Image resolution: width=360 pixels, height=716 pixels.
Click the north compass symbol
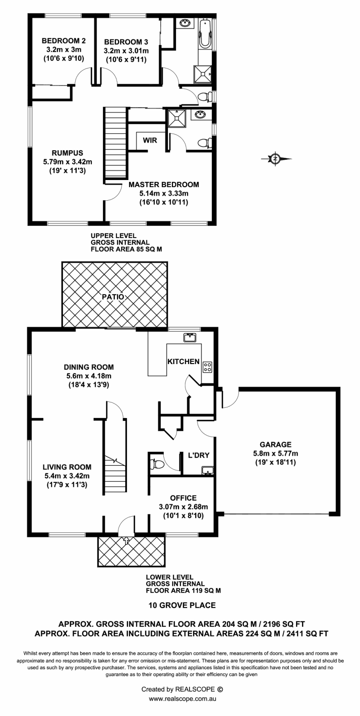pos(275,158)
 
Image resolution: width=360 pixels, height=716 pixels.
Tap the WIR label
pos(150,140)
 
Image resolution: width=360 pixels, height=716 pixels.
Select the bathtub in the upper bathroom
pos(205,34)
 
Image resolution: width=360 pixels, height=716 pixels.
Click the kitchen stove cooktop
pos(207,367)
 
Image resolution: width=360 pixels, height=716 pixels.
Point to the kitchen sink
pos(190,337)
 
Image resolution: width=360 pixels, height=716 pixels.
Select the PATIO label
pos(113,297)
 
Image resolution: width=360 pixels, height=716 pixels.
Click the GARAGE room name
pos(275,444)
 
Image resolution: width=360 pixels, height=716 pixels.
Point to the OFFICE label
pos(183,498)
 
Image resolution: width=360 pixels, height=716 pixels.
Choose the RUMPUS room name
pos(67,153)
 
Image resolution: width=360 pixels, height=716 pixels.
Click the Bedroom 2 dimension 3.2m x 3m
pos(64,50)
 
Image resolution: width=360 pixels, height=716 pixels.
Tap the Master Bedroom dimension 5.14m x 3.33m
pos(164,194)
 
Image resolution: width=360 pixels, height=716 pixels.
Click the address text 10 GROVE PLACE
pos(182,605)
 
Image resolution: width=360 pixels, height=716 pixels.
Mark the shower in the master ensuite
pos(176,118)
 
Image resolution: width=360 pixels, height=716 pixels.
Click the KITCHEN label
pos(184,361)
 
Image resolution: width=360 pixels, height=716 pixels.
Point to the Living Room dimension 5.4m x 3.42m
pos(67,476)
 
